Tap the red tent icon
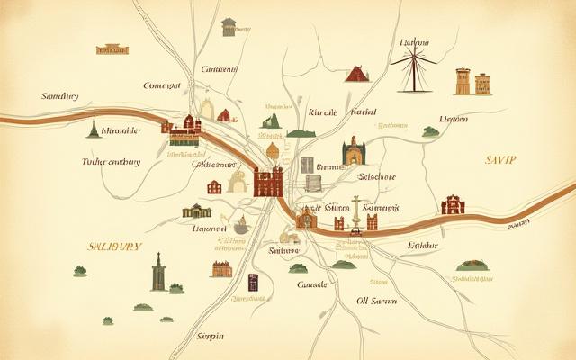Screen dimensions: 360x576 (357, 74)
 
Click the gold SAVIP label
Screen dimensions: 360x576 (500, 158)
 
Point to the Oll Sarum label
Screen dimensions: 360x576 (377, 301)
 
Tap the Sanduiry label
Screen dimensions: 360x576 (60, 95)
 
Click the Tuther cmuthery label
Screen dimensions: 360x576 (111, 162)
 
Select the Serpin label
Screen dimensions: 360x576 (210, 336)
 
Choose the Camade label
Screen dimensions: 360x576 (313, 284)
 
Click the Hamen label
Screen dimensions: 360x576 (453, 118)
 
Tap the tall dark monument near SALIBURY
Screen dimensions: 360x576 (158, 271)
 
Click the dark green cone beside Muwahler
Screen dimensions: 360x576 (94, 129)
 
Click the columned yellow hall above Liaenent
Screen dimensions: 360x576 (196, 211)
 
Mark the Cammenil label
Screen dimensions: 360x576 (219, 68)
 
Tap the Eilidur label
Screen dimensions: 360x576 (422, 245)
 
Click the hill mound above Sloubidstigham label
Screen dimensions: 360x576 (471, 265)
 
